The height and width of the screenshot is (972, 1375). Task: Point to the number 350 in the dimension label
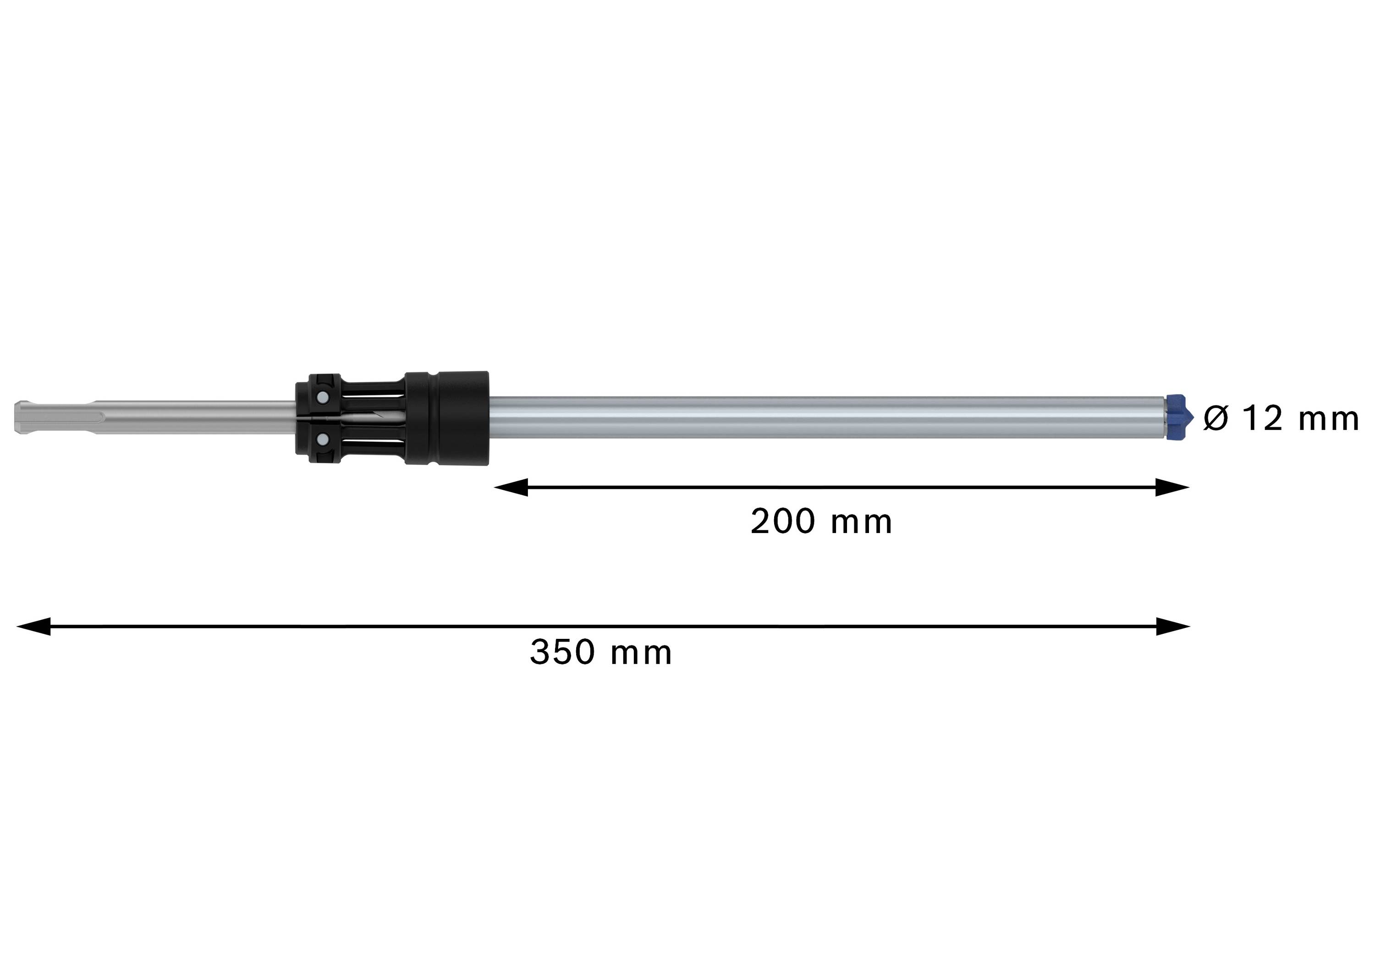562,652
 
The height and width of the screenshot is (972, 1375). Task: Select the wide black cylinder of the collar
447,417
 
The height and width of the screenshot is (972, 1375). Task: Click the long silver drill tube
826,417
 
